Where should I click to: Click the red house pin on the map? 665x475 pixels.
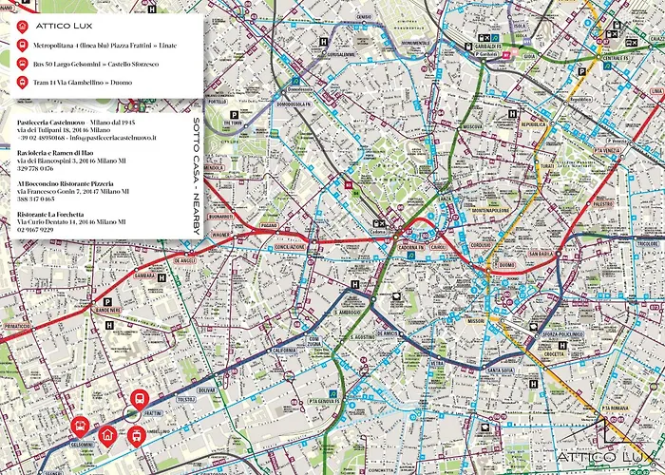107,434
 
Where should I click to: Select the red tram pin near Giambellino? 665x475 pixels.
135,434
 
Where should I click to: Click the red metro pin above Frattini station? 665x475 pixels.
139,399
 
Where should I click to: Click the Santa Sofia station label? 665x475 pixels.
500,370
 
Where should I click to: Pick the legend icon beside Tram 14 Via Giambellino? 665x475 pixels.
21,83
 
